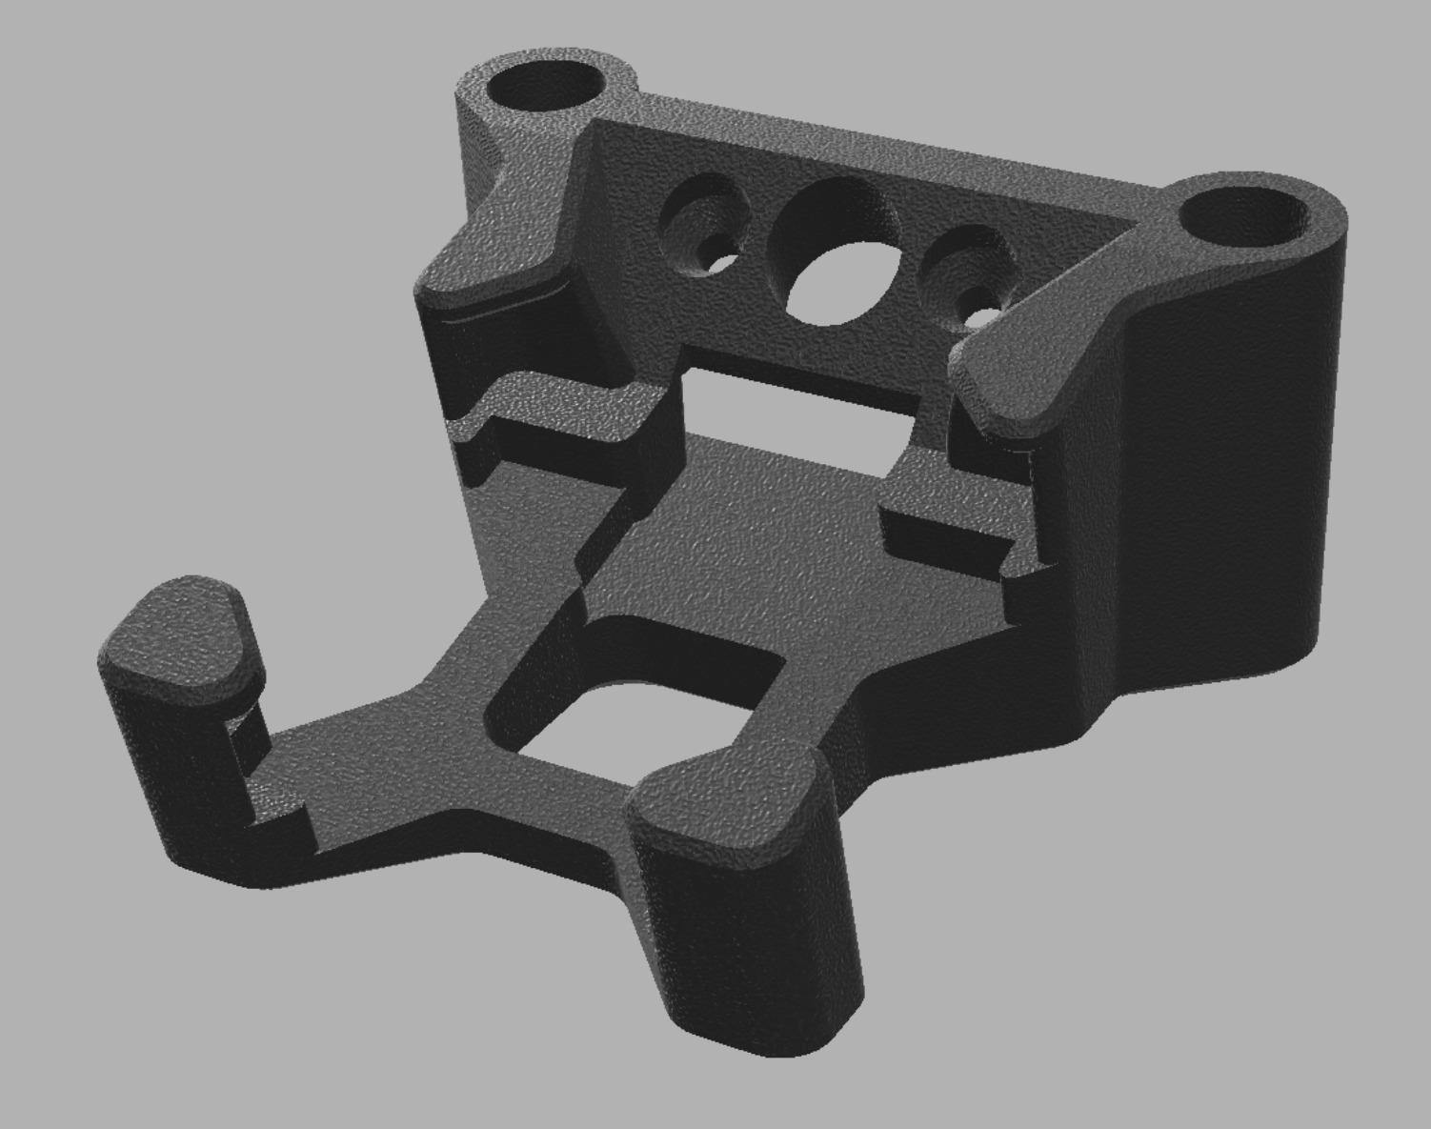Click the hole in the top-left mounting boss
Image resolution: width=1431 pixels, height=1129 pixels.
545,88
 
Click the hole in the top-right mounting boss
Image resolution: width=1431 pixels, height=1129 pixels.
1241,216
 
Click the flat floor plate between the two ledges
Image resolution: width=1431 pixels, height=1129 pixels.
762,534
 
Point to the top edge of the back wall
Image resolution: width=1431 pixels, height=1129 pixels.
857,143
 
